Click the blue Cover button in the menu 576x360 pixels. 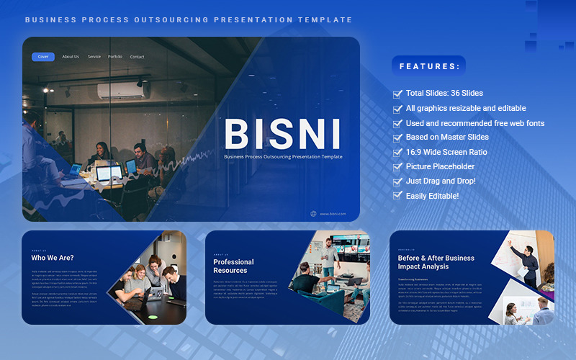(43, 57)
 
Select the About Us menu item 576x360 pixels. (71, 57)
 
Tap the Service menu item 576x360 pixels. (94, 57)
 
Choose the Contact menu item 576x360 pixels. (137, 57)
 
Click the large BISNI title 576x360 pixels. (283, 133)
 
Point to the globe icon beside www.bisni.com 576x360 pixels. (313, 213)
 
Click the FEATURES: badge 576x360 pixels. (429, 66)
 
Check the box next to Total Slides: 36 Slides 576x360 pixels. (397, 94)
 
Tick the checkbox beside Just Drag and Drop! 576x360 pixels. (397, 181)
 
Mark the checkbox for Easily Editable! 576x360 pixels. (397, 196)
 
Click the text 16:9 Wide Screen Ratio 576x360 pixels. (446, 152)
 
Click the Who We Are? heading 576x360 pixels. (53, 258)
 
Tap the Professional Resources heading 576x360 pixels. (233, 266)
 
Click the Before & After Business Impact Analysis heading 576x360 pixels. (436, 262)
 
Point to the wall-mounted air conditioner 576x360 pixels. (123, 91)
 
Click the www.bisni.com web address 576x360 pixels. (333, 214)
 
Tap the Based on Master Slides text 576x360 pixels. (447, 137)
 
